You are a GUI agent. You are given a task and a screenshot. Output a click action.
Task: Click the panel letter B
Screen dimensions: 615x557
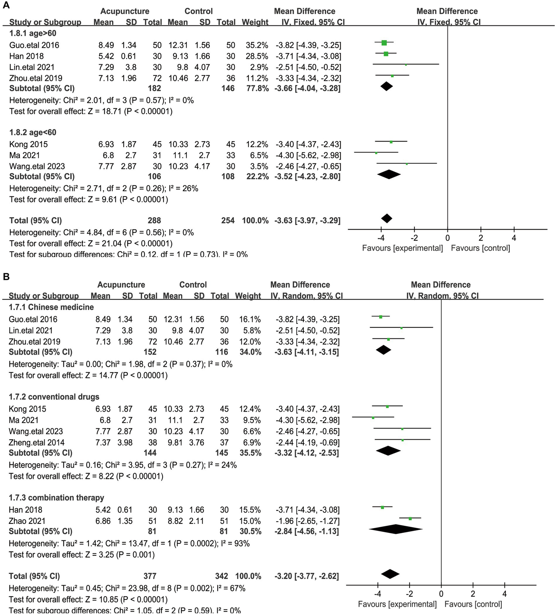(x=6, y=277)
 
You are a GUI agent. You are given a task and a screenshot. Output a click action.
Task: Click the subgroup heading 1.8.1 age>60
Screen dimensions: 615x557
(x=33, y=33)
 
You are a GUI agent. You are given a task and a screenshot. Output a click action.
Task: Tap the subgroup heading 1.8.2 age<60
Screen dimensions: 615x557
(x=33, y=133)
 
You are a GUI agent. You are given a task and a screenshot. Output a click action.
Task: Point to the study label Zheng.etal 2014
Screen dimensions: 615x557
(x=37, y=443)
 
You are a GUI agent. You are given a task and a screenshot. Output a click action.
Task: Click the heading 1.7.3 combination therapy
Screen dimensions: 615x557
(x=56, y=498)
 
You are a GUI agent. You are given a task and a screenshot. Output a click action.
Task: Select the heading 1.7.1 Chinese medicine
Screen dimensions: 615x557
(x=51, y=307)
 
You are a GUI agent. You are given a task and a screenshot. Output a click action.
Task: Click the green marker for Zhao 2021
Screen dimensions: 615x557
(x=410, y=519)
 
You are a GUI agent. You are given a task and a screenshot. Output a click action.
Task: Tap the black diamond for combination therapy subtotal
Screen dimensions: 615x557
(x=396, y=529)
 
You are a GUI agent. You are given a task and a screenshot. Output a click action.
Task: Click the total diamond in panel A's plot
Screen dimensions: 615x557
(x=387, y=219)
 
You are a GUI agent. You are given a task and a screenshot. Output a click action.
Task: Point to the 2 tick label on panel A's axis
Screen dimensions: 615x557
(x=481, y=238)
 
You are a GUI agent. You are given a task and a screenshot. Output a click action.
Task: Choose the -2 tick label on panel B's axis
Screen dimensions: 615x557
(x=409, y=594)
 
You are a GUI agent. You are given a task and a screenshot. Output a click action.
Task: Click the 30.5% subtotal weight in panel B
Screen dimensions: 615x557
(x=250, y=531)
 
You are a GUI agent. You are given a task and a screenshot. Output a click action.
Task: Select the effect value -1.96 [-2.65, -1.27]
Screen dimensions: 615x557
(x=307, y=521)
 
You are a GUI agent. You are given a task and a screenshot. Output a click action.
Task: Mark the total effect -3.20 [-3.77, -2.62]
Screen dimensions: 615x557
(x=307, y=576)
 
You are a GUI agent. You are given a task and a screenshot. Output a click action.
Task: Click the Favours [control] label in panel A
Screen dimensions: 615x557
(x=480, y=248)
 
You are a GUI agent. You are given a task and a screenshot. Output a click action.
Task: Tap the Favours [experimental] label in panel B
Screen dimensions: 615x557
(x=397, y=604)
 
